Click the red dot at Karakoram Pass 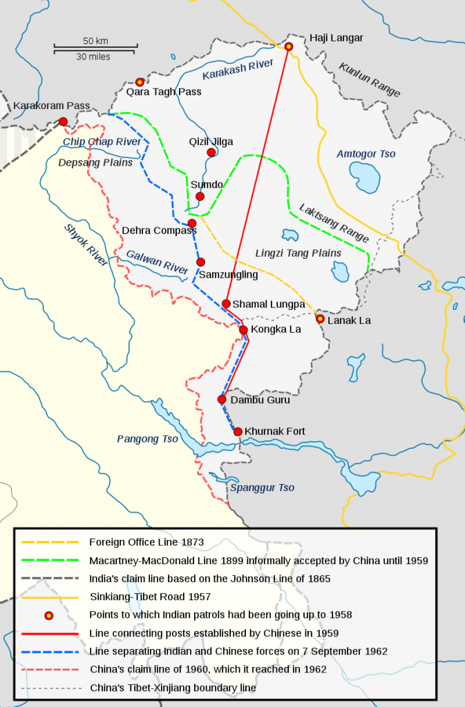pos(63,122)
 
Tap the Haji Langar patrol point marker pos(289,46)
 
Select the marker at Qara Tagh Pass pos(140,82)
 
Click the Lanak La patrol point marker pos(320,318)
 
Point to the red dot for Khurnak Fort pos(238,432)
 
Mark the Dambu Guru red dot pos(222,399)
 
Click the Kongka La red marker pos(243,330)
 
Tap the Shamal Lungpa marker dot pos(226,303)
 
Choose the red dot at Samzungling pos(200,262)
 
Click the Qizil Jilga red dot pos(211,152)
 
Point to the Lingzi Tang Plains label pos(298,253)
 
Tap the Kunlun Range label pos(370,80)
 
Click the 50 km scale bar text pos(95,40)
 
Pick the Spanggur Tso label pos(262,487)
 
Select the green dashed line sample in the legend pos(48,561)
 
